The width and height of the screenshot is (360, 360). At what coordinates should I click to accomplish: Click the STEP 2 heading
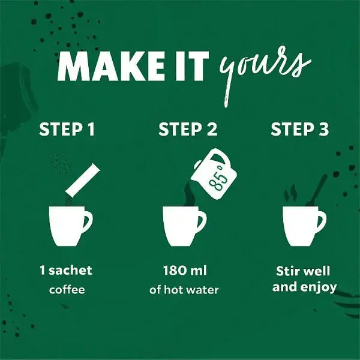tap(188, 130)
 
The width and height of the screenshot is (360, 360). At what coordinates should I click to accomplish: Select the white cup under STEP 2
tap(183, 227)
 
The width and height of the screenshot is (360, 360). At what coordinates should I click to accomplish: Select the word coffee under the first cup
tap(67, 290)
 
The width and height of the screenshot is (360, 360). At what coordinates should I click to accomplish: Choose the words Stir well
tap(304, 272)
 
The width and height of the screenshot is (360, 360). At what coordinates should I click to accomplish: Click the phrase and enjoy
tap(304, 287)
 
